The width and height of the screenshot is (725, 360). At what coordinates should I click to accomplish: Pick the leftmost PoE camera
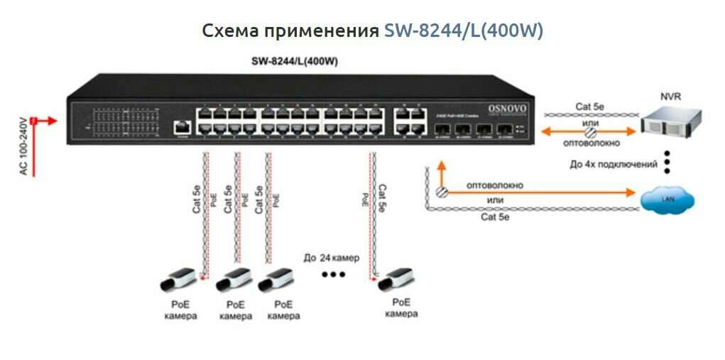tap(178, 280)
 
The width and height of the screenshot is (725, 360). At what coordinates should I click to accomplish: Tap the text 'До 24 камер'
tap(331, 257)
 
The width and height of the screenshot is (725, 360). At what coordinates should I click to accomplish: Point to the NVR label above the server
tap(670, 96)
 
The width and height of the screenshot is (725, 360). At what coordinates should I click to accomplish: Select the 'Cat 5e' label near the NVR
tap(589, 107)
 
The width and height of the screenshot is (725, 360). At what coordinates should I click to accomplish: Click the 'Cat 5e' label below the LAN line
tap(495, 217)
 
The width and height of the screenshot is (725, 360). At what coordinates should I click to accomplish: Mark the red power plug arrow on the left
tap(44, 121)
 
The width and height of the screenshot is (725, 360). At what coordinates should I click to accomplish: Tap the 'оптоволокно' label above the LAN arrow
tap(494, 185)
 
